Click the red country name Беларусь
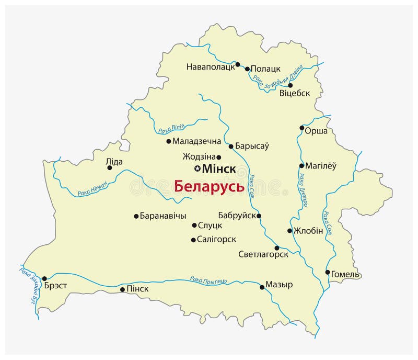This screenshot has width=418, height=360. click(x=208, y=186)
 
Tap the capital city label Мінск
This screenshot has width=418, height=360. click(x=218, y=169)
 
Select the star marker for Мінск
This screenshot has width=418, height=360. click(x=197, y=168)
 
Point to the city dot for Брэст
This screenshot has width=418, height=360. click(x=44, y=278)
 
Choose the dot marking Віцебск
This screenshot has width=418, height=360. click(x=291, y=85)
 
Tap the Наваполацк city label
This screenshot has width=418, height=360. click(x=211, y=67)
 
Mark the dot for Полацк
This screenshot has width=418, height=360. click(x=247, y=69)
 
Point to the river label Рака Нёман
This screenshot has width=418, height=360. click(x=92, y=187)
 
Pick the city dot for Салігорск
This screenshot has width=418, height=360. click(x=194, y=240)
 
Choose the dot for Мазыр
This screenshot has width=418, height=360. click(x=262, y=287)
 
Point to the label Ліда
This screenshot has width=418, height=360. click(x=114, y=162)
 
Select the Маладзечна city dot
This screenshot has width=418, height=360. click(x=168, y=141)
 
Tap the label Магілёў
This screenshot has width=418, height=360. click(x=321, y=166)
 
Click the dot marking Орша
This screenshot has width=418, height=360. click(x=301, y=128)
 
